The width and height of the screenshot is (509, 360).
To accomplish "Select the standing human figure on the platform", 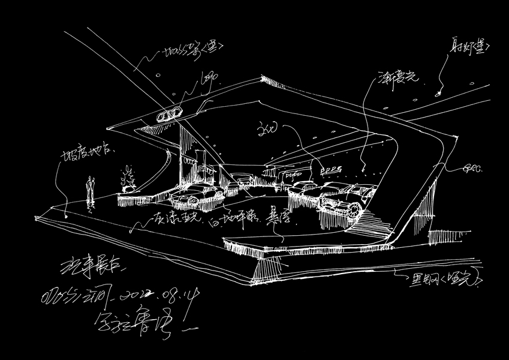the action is (90, 189).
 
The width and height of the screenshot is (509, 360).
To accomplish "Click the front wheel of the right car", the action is (354, 209).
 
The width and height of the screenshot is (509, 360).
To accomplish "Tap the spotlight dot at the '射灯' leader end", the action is (438, 93).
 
